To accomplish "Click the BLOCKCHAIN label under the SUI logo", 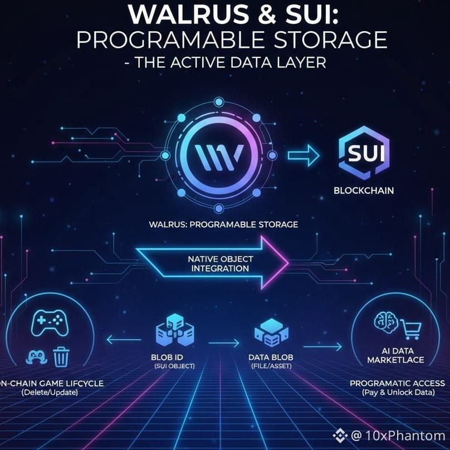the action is click(x=364, y=190).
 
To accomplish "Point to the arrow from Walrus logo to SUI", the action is click(x=304, y=154).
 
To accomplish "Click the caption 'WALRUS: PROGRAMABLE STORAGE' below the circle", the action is click(x=223, y=225).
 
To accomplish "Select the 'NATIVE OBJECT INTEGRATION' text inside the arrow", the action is click(x=220, y=263).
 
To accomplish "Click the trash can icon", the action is click(x=61, y=355).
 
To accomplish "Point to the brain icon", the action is click(x=384, y=322).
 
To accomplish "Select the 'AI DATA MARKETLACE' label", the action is click(x=395, y=356).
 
